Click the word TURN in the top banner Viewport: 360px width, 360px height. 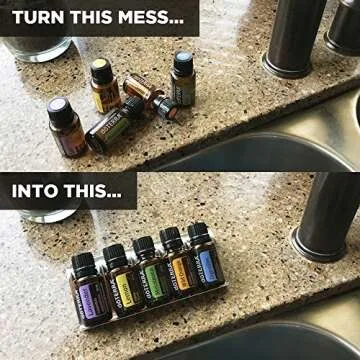37,18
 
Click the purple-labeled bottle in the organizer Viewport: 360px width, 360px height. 88,294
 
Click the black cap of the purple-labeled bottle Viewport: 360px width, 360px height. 82,263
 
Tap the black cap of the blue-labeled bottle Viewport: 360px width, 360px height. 199,234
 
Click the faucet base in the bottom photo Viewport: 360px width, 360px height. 318,240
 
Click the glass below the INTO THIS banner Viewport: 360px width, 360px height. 45,213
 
